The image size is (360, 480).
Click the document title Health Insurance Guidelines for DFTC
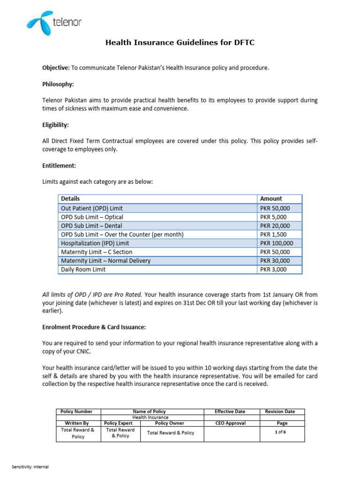pos(180,43)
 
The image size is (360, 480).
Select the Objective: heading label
pos(56,68)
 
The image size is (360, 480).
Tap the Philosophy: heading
pos(58,84)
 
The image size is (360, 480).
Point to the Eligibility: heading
pos(56,125)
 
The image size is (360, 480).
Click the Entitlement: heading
pos(59,165)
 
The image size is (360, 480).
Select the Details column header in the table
pos(70,199)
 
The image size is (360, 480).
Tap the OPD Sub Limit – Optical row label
pos(92,217)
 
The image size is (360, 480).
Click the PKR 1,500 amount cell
pos(273,234)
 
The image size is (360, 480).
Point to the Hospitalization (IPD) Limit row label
pos(95,243)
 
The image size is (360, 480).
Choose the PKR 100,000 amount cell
pos(277,243)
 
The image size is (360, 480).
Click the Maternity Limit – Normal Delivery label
pos(106,261)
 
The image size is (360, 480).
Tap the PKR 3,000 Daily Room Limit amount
pos(273,270)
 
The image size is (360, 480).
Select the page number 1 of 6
pos(280,432)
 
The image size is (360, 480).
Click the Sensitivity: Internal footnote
pos(30,467)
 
